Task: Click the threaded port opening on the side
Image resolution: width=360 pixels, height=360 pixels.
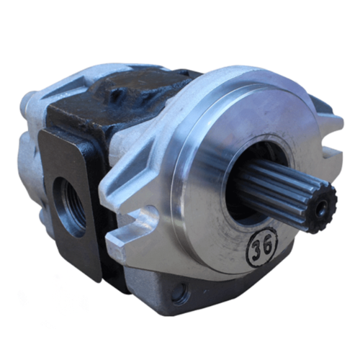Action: click(71, 204)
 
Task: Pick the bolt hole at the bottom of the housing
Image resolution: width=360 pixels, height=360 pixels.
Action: click(179, 293)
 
